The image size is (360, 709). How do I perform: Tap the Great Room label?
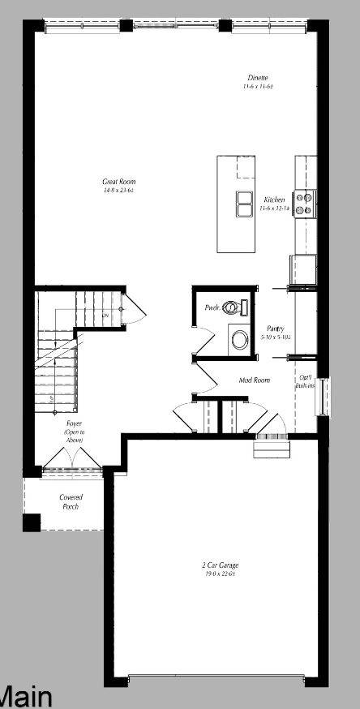118,182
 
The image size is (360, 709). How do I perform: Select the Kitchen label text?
274,200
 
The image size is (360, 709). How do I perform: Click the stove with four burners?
304,203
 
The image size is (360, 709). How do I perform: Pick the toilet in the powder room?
233,307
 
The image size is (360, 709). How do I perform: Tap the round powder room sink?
240,336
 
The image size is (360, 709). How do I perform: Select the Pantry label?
275,329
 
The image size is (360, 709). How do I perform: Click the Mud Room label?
254,380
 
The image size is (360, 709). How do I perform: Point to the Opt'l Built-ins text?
306,381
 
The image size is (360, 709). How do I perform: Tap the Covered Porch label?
71,501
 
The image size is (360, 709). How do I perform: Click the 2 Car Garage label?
220,565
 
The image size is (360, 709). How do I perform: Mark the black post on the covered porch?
32,522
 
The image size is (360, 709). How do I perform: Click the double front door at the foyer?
71,468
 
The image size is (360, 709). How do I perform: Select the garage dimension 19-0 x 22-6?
220,574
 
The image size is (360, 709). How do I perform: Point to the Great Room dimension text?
118,190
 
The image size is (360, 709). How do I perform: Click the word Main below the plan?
25,696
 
